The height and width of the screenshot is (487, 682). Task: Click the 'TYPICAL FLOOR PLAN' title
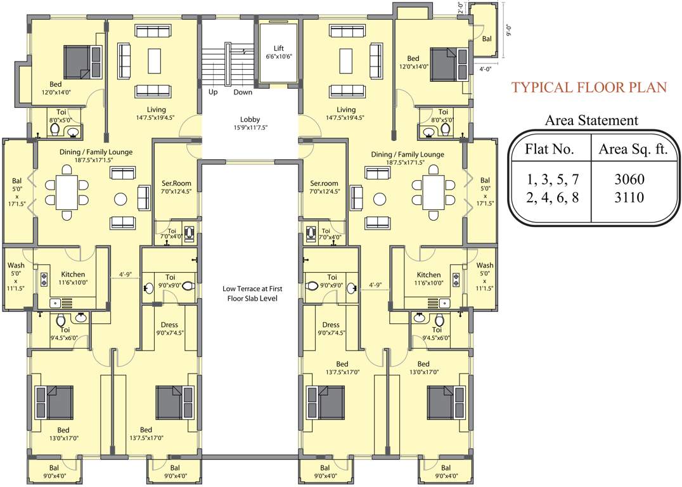click(x=589, y=88)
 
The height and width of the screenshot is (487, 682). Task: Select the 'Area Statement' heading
click(x=591, y=120)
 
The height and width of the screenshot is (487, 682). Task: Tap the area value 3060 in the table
click(x=629, y=180)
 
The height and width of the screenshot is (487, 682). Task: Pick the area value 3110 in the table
click(x=629, y=198)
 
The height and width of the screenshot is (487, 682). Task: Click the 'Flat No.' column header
click(x=549, y=150)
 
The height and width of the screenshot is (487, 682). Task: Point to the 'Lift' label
click(x=279, y=48)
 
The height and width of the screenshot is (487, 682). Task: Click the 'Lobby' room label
click(x=250, y=119)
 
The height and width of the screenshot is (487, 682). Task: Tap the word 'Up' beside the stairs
click(x=214, y=93)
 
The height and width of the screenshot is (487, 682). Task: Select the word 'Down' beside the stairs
click(x=242, y=93)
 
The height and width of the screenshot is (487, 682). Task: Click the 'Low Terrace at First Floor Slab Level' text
click(x=250, y=293)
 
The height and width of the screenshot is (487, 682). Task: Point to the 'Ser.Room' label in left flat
click(x=176, y=183)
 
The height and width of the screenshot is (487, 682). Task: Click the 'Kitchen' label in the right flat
click(x=428, y=275)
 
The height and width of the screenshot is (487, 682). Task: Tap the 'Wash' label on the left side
click(x=16, y=266)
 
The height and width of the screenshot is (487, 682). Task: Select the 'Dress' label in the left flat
click(x=170, y=325)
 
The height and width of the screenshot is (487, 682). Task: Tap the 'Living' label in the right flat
click(x=346, y=110)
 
